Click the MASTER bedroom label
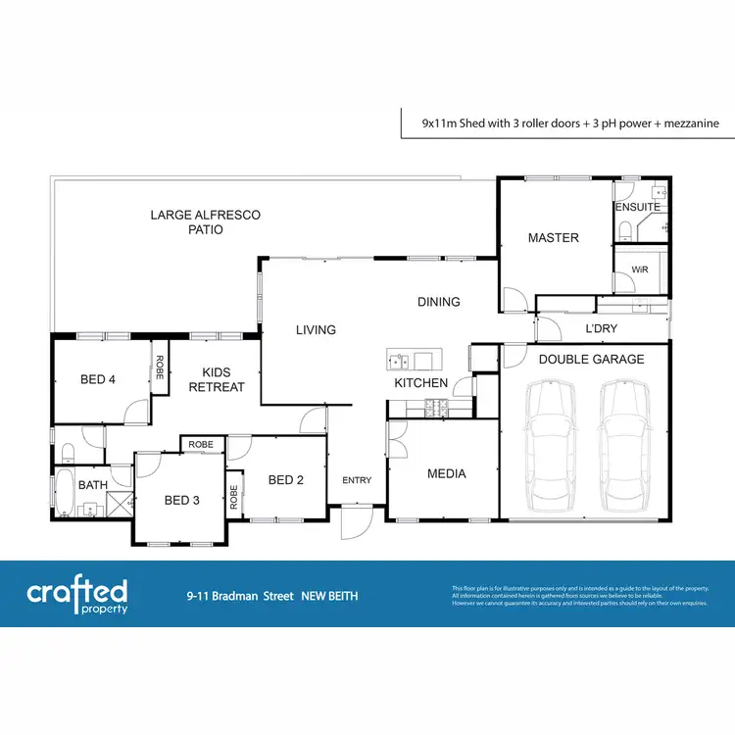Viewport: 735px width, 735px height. [x=553, y=238]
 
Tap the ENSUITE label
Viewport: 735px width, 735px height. [x=637, y=208]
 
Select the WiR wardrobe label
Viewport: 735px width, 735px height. [x=641, y=269]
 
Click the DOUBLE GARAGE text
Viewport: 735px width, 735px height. [x=591, y=360]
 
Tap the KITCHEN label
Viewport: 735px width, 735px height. [x=420, y=383]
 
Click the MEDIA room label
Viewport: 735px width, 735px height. [x=446, y=474]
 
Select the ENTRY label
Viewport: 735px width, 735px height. [x=357, y=480]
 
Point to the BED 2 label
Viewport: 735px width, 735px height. [x=286, y=480]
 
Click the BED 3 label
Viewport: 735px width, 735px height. [x=181, y=501]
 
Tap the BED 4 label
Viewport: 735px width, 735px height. [x=98, y=380]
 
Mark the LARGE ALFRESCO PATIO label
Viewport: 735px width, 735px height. [x=205, y=221]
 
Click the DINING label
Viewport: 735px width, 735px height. [x=438, y=302]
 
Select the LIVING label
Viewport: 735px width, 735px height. [x=316, y=330]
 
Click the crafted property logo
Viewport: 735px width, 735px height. [x=77, y=594]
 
